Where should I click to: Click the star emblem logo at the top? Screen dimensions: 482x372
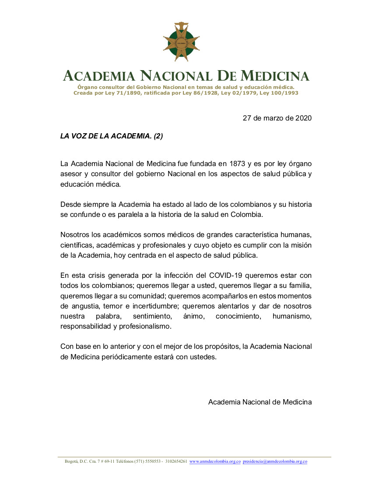tap(181, 42)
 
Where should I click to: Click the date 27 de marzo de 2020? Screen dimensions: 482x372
tap(277, 118)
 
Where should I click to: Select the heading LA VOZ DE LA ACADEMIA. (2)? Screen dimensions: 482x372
tap(112, 136)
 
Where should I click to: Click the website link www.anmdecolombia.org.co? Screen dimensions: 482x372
tap(215, 461)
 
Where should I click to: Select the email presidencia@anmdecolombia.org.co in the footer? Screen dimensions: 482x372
tap(275, 461)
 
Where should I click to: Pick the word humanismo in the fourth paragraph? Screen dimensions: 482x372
tap(292, 316)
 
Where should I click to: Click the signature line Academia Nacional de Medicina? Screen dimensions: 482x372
tap(260, 402)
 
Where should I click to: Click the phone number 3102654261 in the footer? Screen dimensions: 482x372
tap(176, 461)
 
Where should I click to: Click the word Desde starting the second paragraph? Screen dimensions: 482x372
tap(70, 205)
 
